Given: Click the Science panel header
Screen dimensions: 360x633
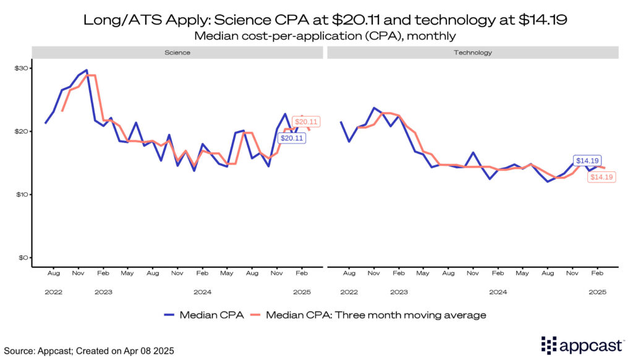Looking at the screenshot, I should pos(177,53).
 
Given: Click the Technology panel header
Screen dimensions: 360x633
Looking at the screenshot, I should pos(473,53).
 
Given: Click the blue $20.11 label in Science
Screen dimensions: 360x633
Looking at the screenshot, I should pos(292,139).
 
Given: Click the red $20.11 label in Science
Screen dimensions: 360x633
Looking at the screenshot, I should pos(305,122).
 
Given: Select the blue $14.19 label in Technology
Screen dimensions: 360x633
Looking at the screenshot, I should pos(587,161).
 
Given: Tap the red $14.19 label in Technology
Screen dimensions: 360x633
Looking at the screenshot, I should pos(601,177).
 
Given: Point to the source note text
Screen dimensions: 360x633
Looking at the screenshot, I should pos(89,351).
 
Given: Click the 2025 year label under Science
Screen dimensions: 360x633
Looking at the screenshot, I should pos(302,292).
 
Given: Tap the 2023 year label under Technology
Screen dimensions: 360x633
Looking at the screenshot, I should pos(399,292).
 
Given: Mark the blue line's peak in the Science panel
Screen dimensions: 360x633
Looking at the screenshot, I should pos(87,70).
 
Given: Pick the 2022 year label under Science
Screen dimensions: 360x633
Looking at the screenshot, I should pos(53,292).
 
